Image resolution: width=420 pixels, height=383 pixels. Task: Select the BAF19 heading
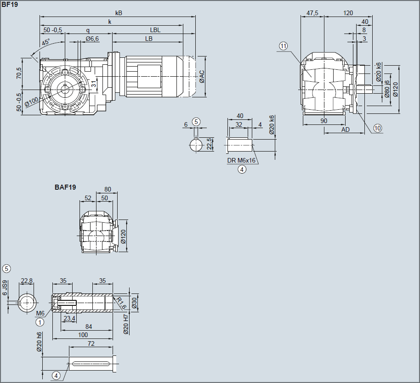pos(65,187)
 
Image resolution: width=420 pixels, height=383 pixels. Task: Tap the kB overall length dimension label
pos(119,13)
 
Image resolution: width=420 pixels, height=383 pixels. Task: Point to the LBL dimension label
pos(155,30)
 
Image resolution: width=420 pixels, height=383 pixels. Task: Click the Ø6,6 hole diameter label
pos(92,39)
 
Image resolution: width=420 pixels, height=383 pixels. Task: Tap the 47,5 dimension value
pos(312,13)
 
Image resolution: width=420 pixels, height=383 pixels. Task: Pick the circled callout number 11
pos(283,46)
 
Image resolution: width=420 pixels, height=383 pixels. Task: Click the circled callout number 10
pos(377,128)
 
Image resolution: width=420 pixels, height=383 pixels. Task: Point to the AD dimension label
pos(345,130)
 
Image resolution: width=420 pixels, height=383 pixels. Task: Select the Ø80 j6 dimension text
pos(387,89)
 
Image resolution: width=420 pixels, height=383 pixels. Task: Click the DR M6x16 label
pos(241,161)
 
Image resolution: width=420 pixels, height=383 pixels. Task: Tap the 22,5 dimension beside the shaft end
pos(209,143)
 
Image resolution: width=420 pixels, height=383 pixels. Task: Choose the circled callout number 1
pos(40,322)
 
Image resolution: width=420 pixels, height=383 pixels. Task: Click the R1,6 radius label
pos(120,303)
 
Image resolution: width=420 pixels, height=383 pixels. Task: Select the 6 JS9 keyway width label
pos(5,287)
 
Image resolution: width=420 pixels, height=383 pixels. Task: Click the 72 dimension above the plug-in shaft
pos(91,344)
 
